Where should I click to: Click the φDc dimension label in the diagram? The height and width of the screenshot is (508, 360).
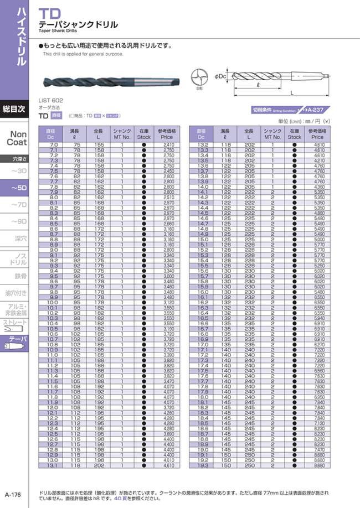point(220,76)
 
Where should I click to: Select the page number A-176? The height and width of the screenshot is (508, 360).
point(13,495)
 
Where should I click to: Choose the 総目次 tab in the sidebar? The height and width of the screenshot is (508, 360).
point(14,109)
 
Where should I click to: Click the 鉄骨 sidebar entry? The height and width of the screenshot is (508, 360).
point(20,276)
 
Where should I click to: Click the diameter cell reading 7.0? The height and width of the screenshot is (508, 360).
point(54,144)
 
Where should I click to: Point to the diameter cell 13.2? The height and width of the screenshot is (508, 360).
point(203,144)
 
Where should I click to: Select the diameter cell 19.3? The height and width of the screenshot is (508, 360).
point(203,466)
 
